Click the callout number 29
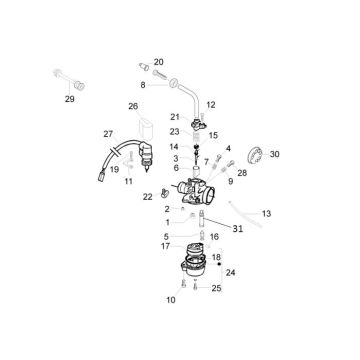[69, 99]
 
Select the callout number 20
[158, 62]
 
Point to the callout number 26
[132, 106]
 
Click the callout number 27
[109, 134]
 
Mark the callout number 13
[266, 214]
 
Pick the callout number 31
[237, 229]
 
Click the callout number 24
[230, 272]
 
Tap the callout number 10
[170, 299]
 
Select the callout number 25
[216, 288]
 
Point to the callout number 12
[211, 104]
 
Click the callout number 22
[148, 196]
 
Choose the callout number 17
[166, 245]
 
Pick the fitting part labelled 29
[62, 77]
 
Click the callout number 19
[114, 169]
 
